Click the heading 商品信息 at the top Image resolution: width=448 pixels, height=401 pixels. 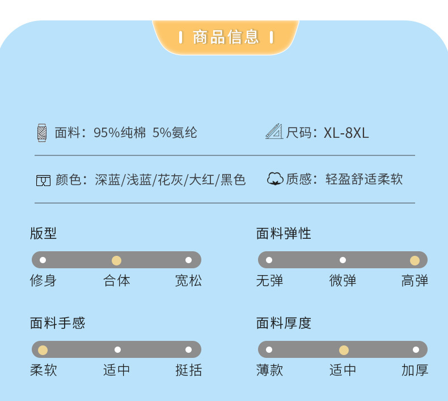click(226, 37)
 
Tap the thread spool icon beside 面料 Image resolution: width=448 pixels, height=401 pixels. click(42, 132)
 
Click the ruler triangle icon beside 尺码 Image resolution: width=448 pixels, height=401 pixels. click(274, 132)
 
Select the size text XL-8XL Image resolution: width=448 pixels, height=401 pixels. click(346, 133)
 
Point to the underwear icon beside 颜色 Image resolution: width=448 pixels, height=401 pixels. click(43, 180)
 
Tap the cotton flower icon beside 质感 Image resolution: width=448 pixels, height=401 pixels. click(275, 179)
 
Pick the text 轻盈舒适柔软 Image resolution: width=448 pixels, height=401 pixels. click(364, 180)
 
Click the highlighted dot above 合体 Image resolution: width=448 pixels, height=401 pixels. click(116, 260)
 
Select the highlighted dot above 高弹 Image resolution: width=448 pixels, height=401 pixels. click(415, 260)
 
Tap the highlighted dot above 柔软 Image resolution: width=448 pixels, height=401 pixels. click(43, 349)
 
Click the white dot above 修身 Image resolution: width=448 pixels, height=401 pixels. click(43, 260)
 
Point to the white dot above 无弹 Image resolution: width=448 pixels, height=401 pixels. click(269, 260)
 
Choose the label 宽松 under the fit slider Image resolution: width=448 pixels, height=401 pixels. click(188, 281)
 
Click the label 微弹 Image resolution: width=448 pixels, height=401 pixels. click(343, 281)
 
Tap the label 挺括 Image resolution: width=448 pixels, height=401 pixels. click(188, 370)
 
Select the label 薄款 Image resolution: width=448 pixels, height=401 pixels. click(269, 370)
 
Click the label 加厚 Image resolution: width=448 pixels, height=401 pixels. click(415, 370)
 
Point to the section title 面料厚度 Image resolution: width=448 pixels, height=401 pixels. click(284, 323)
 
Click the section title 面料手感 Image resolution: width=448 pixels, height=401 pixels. click(57, 323)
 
